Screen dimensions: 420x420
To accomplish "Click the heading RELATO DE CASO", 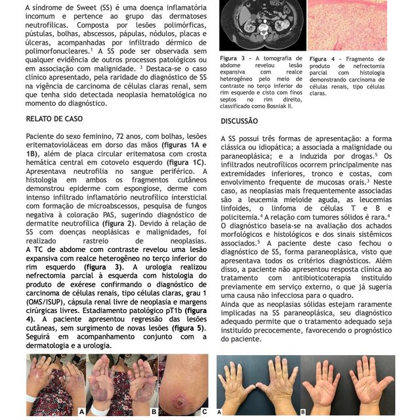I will coord(55,119).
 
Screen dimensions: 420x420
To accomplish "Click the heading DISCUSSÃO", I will coord(240,121).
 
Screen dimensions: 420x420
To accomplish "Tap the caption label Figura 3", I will coord(233,58).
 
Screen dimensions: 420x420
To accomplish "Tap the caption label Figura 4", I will coord(322,58).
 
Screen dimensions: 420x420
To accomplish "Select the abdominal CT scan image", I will coord(262,25).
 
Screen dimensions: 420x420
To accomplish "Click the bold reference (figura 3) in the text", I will coord(105,268).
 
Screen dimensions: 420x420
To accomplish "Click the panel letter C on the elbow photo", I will coord(204,411).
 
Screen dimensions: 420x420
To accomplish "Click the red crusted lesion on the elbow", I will coord(179,399).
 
